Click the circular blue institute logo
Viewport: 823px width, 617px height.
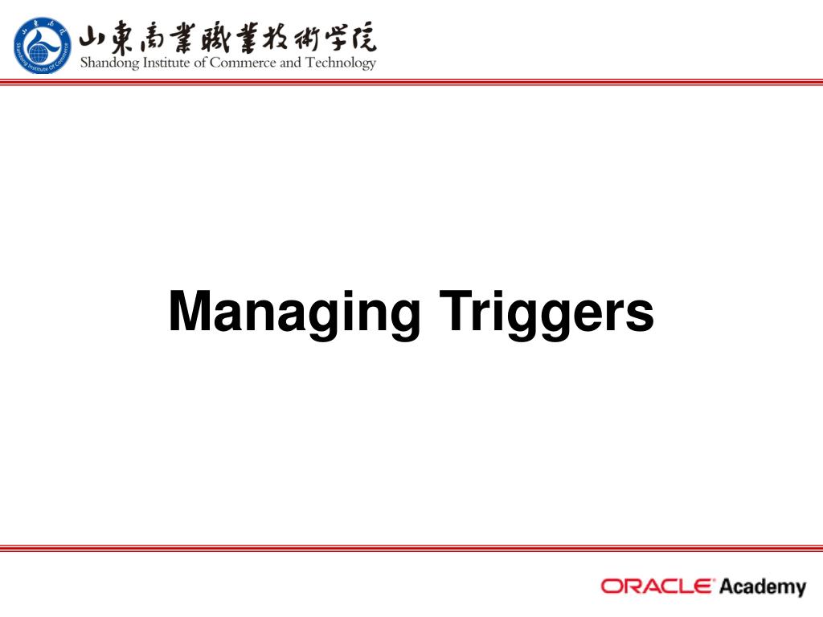(x=43, y=45)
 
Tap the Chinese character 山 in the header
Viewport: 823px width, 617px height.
(x=96, y=38)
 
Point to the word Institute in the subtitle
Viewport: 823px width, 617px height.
(x=168, y=63)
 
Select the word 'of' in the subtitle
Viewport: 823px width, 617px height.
(x=201, y=63)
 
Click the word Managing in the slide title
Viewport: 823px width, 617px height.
(x=294, y=313)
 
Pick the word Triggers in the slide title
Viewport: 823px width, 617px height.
(x=546, y=313)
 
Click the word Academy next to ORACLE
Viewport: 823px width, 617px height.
(x=762, y=586)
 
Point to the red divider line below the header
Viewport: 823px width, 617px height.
(x=411, y=82)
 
